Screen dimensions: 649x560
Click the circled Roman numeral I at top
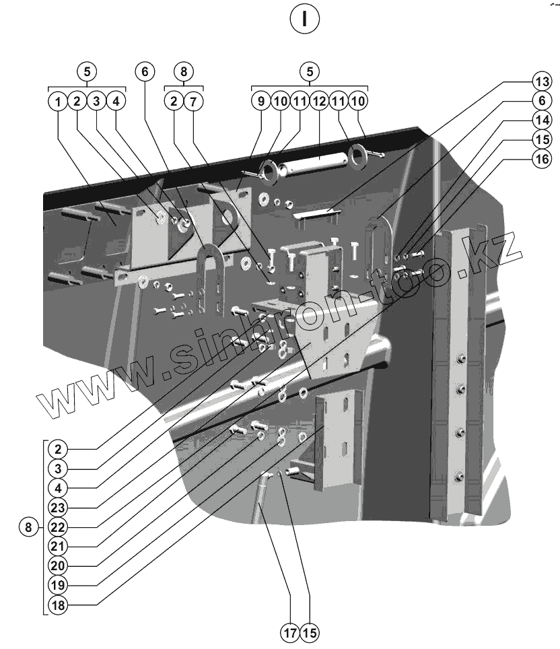[x=304, y=19]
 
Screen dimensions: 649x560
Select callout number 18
[x=59, y=605]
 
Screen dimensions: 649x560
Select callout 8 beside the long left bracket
[x=28, y=527]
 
